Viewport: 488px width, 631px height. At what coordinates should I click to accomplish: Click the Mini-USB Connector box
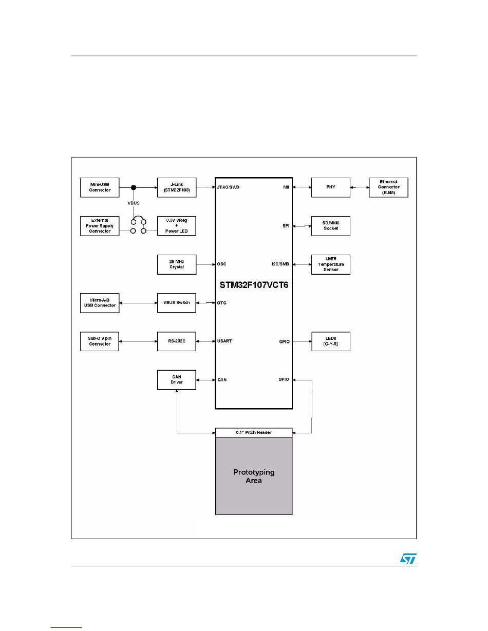tap(100, 187)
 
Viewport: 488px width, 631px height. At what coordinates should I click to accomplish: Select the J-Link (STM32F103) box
tap(176, 187)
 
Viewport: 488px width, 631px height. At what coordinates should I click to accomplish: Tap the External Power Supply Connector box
tap(100, 226)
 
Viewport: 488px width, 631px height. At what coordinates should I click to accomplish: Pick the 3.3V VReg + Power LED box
tap(176, 226)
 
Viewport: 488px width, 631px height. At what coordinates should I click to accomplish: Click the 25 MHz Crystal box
tap(176, 264)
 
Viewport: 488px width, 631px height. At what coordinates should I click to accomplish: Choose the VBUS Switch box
tap(176, 303)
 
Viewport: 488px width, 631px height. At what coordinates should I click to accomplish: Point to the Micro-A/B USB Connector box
tap(100, 303)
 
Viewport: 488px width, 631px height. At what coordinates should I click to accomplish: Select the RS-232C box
tap(176, 341)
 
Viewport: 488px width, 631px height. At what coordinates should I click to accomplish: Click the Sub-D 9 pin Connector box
tap(100, 341)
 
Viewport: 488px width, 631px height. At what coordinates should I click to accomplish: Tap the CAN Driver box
tap(176, 380)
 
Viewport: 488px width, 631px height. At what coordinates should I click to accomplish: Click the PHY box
tap(330, 187)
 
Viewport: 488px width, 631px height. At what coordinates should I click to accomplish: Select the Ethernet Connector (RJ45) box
tap(388, 187)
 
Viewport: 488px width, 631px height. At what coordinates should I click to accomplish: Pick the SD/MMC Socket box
tap(330, 226)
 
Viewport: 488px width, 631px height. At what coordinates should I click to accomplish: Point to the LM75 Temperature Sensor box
tap(330, 264)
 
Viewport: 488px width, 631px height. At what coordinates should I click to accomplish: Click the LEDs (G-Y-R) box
tap(330, 341)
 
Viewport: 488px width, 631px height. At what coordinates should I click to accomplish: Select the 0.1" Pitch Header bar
tap(253, 433)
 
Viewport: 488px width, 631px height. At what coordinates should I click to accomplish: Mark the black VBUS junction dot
tap(134, 187)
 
